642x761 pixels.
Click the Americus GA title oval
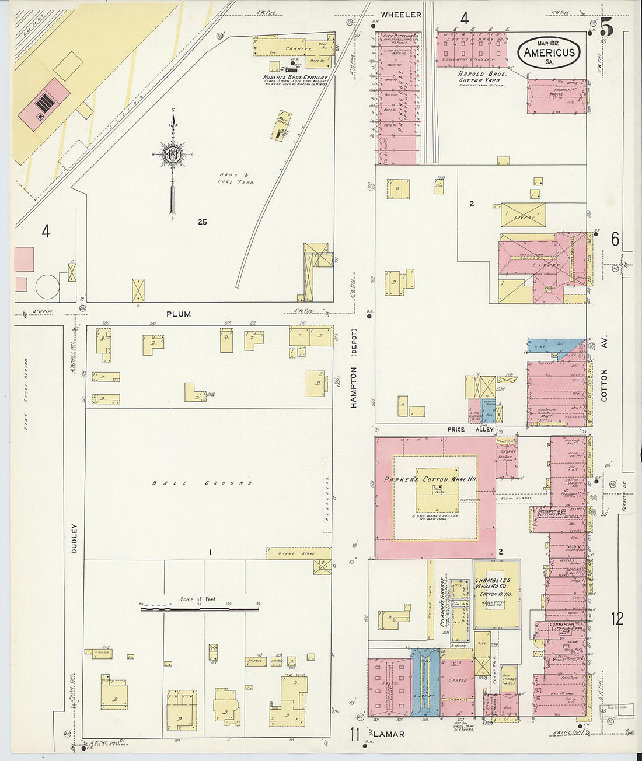[549, 52]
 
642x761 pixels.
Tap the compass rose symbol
[173, 155]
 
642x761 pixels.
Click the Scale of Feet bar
[199, 609]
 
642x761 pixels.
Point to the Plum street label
[179, 314]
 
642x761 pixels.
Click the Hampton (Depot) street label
[354, 371]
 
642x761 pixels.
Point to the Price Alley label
[470, 430]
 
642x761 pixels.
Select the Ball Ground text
[202, 483]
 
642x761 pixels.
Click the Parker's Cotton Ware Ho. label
[431, 479]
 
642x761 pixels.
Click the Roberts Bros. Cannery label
[295, 77]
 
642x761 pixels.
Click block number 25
[202, 222]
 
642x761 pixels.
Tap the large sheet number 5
[606, 27]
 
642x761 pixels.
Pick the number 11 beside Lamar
[354, 734]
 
